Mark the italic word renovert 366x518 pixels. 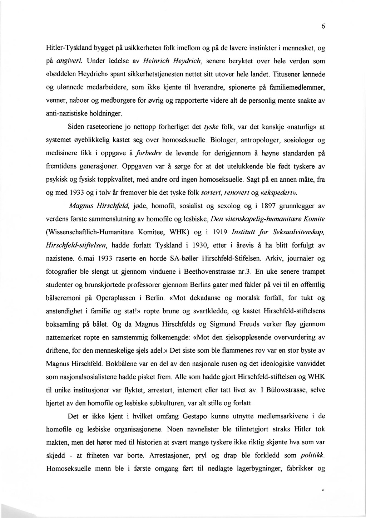click(x=237, y=193)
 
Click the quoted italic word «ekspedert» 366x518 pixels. click(x=276, y=193)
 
